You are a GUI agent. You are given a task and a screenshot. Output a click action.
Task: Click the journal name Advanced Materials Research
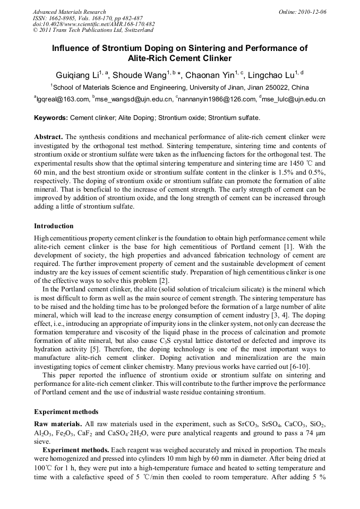click(x=69, y=12)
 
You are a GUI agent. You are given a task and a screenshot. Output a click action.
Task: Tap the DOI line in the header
click(x=93, y=24)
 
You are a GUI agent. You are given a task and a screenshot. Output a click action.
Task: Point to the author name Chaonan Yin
click(x=209, y=75)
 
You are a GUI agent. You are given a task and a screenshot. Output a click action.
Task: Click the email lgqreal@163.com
click(x=63, y=99)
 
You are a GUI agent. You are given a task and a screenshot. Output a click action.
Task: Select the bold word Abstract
click(x=49, y=137)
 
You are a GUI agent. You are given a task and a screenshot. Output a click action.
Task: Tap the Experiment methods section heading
click(x=66, y=412)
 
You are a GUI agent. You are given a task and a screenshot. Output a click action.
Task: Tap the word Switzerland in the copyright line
click(x=132, y=31)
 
